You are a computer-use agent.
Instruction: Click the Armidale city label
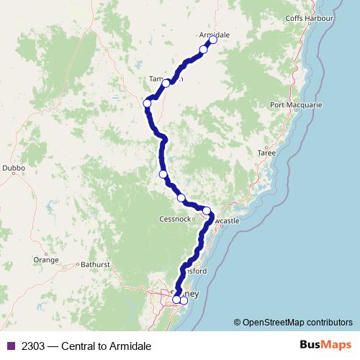(x=214, y=34)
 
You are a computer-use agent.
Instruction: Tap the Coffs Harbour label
(x=309, y=17)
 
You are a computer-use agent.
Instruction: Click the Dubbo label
(x=14, y=168)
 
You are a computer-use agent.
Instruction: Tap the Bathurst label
(x=95, y=264)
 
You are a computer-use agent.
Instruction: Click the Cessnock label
(x=178, y=219)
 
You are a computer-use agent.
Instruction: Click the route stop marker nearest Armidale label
(x=213, y=40)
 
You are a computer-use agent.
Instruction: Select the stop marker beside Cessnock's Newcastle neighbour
(x=207, y=211)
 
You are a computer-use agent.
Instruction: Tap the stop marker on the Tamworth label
(x=166, y=84)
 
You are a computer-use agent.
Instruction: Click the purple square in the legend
(x=10, y=346)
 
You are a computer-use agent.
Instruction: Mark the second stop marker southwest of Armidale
(x=204, y=50)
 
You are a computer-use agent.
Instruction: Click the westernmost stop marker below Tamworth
(x=148, y=104)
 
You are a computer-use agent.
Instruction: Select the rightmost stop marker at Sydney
(x=184, y=300)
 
